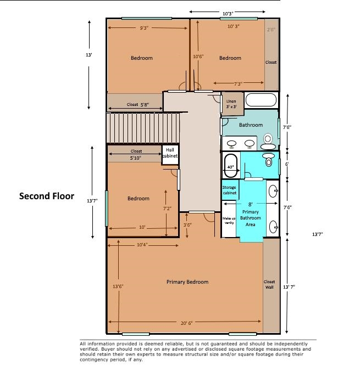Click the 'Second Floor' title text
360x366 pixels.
tap(47, 195)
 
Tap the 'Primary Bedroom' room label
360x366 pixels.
tap(187, 282)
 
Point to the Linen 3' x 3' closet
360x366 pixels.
tap(231, 104)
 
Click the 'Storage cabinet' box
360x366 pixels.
tap(229, 190)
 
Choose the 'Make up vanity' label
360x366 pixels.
tap(229, 220)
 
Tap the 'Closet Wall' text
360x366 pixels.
tap(269, 284)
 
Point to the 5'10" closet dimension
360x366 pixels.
tap(135, 158)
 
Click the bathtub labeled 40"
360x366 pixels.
tap(230, 166)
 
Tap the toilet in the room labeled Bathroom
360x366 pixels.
tap(269, 142)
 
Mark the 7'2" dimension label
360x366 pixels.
tap(167, 209)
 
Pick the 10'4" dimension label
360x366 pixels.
tap(142, 245)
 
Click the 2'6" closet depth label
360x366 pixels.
tap(271, 30)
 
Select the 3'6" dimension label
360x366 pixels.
tap(187, 225)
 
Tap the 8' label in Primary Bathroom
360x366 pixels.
tap(250, 204)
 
